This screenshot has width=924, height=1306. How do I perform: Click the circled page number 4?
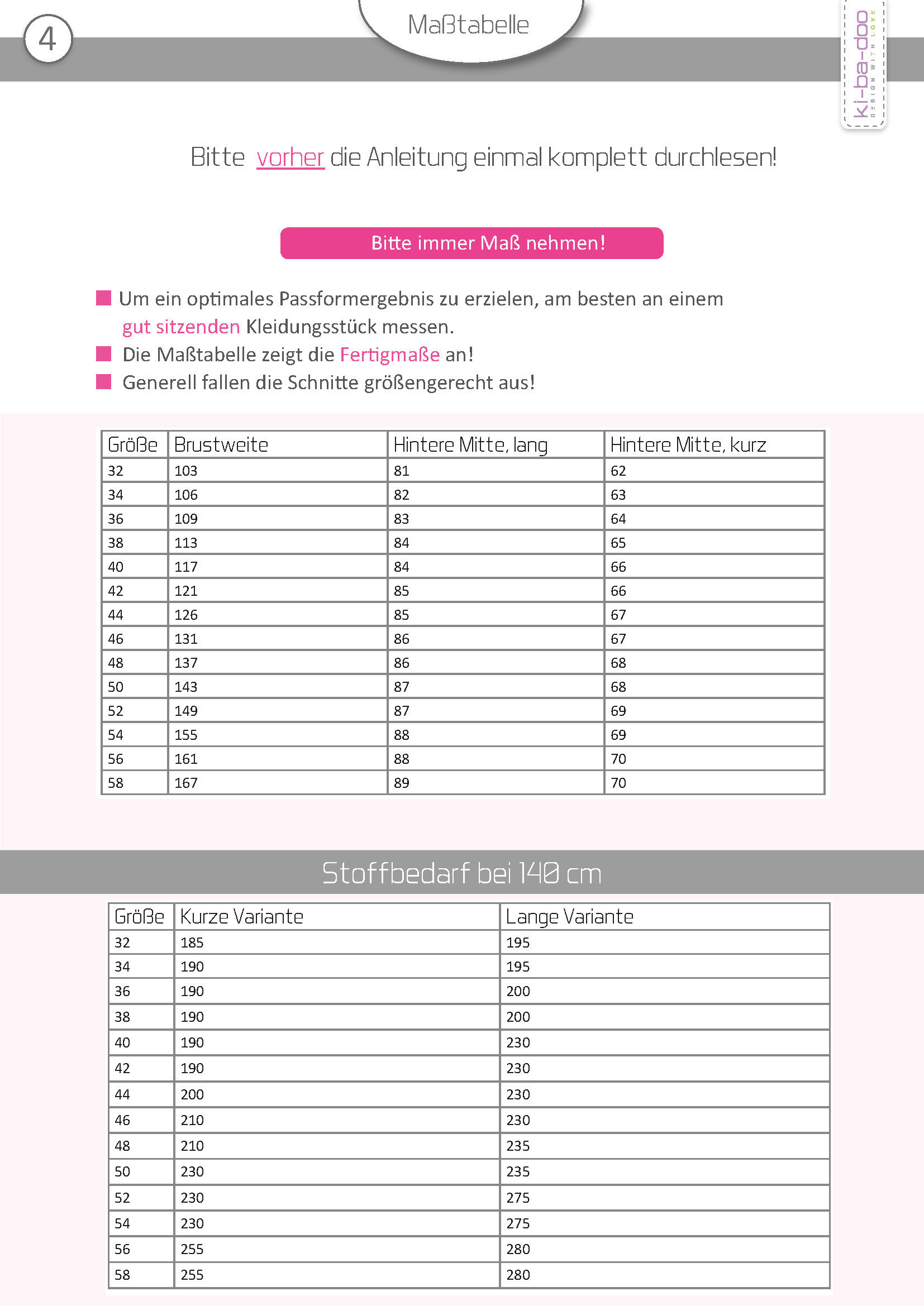point(48,39)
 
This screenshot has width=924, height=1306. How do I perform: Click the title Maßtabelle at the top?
point(468,25)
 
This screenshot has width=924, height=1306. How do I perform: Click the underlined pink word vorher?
point(290,157)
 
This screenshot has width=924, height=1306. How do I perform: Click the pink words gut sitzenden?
point(181,327)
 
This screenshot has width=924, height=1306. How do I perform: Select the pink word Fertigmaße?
point(390,355)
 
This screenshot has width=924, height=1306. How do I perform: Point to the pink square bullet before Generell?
point(103,382)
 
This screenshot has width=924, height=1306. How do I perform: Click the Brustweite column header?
point(221,445)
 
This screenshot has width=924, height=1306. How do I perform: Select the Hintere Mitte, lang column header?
point(470,445)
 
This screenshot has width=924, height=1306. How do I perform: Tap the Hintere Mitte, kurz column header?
point(688,445)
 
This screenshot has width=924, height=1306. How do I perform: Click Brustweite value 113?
point(185,543)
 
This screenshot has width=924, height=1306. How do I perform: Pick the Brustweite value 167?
point(185,783)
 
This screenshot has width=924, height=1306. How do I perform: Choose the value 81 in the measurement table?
point(401,471)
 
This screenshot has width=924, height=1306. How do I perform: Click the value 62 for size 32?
point(618,471)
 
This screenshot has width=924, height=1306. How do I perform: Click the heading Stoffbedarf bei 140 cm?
point(461,873)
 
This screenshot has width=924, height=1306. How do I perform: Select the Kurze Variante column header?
point(241,917)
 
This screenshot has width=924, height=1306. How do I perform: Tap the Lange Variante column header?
point(569,917)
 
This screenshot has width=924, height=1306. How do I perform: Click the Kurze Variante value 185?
point(192,943)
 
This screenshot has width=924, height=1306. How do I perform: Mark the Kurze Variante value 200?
point(192,1095)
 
